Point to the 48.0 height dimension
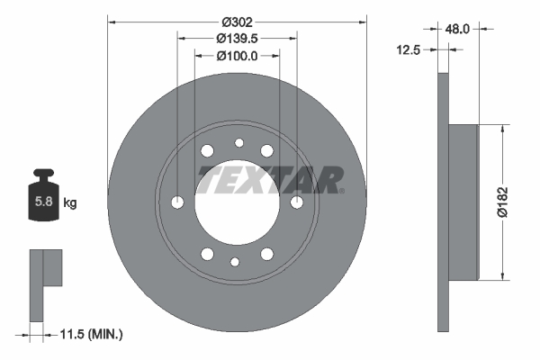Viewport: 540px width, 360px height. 457,29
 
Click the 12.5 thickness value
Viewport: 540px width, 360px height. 412,50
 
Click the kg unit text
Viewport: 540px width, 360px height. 70,203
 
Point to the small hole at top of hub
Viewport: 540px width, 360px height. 238,142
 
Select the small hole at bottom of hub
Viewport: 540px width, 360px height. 236,262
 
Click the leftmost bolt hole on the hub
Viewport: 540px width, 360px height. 177,202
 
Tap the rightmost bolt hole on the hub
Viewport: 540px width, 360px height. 296,202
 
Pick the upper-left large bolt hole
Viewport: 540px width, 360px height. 208,150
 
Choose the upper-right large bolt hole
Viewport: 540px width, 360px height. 266,150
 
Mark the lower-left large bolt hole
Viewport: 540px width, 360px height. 208,254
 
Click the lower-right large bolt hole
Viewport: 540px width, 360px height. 266,254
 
